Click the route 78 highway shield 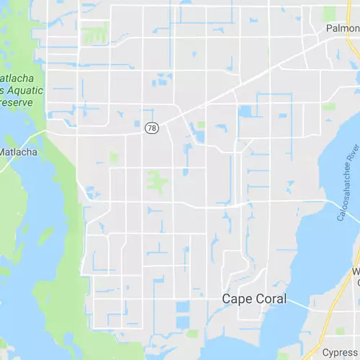click(151, 127)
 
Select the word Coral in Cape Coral click(270, 299)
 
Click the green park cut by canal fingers click(96, 33)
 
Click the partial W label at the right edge click(356, 271)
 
